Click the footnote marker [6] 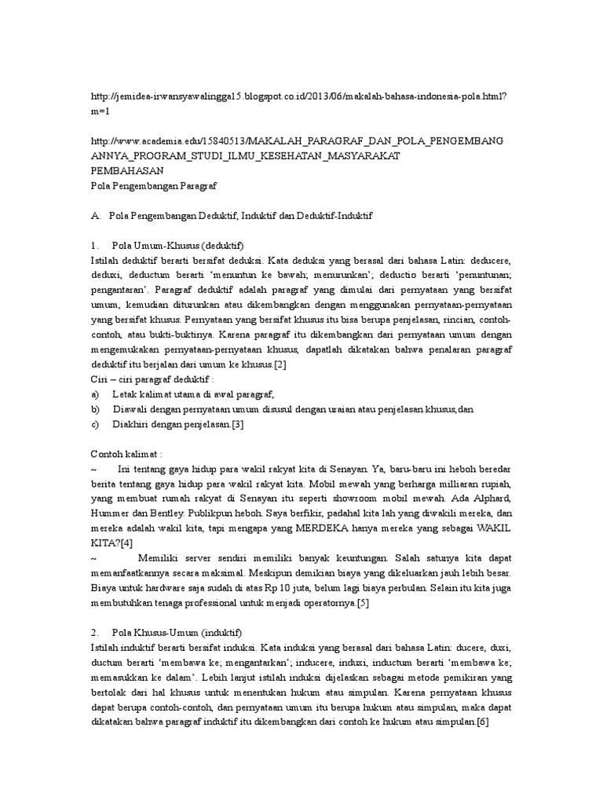click(481, 722)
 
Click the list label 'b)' click(97, 409)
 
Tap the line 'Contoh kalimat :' click(126, 454)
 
